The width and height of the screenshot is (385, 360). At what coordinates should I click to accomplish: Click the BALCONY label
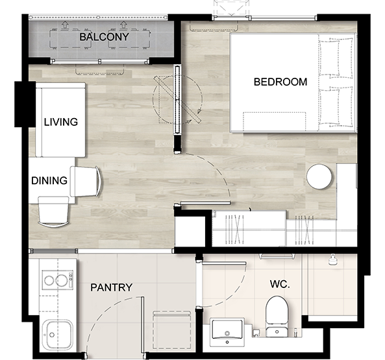coord(104,37)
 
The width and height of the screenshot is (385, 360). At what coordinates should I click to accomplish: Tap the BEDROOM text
coord(280,82)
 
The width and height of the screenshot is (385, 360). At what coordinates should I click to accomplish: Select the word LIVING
coord(61,122)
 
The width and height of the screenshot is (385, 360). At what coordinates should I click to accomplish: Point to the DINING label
coord(49,180)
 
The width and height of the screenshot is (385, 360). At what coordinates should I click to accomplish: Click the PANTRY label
coord(112,287)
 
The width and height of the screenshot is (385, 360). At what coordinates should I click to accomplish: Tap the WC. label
coord(280,284)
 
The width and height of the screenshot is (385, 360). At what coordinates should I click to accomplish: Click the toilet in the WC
coord(277,317)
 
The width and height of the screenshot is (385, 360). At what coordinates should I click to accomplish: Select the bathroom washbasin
coord(227,332)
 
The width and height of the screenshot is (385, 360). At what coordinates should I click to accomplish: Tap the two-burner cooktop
coord(58,280)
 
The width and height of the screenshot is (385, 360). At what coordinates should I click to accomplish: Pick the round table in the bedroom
coord(319,176)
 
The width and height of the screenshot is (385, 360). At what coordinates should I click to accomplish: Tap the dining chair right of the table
coord(86,182)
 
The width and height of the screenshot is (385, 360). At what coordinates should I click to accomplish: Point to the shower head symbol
coord(332,259)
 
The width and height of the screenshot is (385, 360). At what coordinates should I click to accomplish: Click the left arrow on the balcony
coord(64,25)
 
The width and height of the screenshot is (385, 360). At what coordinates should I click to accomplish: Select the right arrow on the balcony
coord(123,25)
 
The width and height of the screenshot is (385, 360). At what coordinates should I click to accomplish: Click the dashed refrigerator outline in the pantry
coord(171,330)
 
